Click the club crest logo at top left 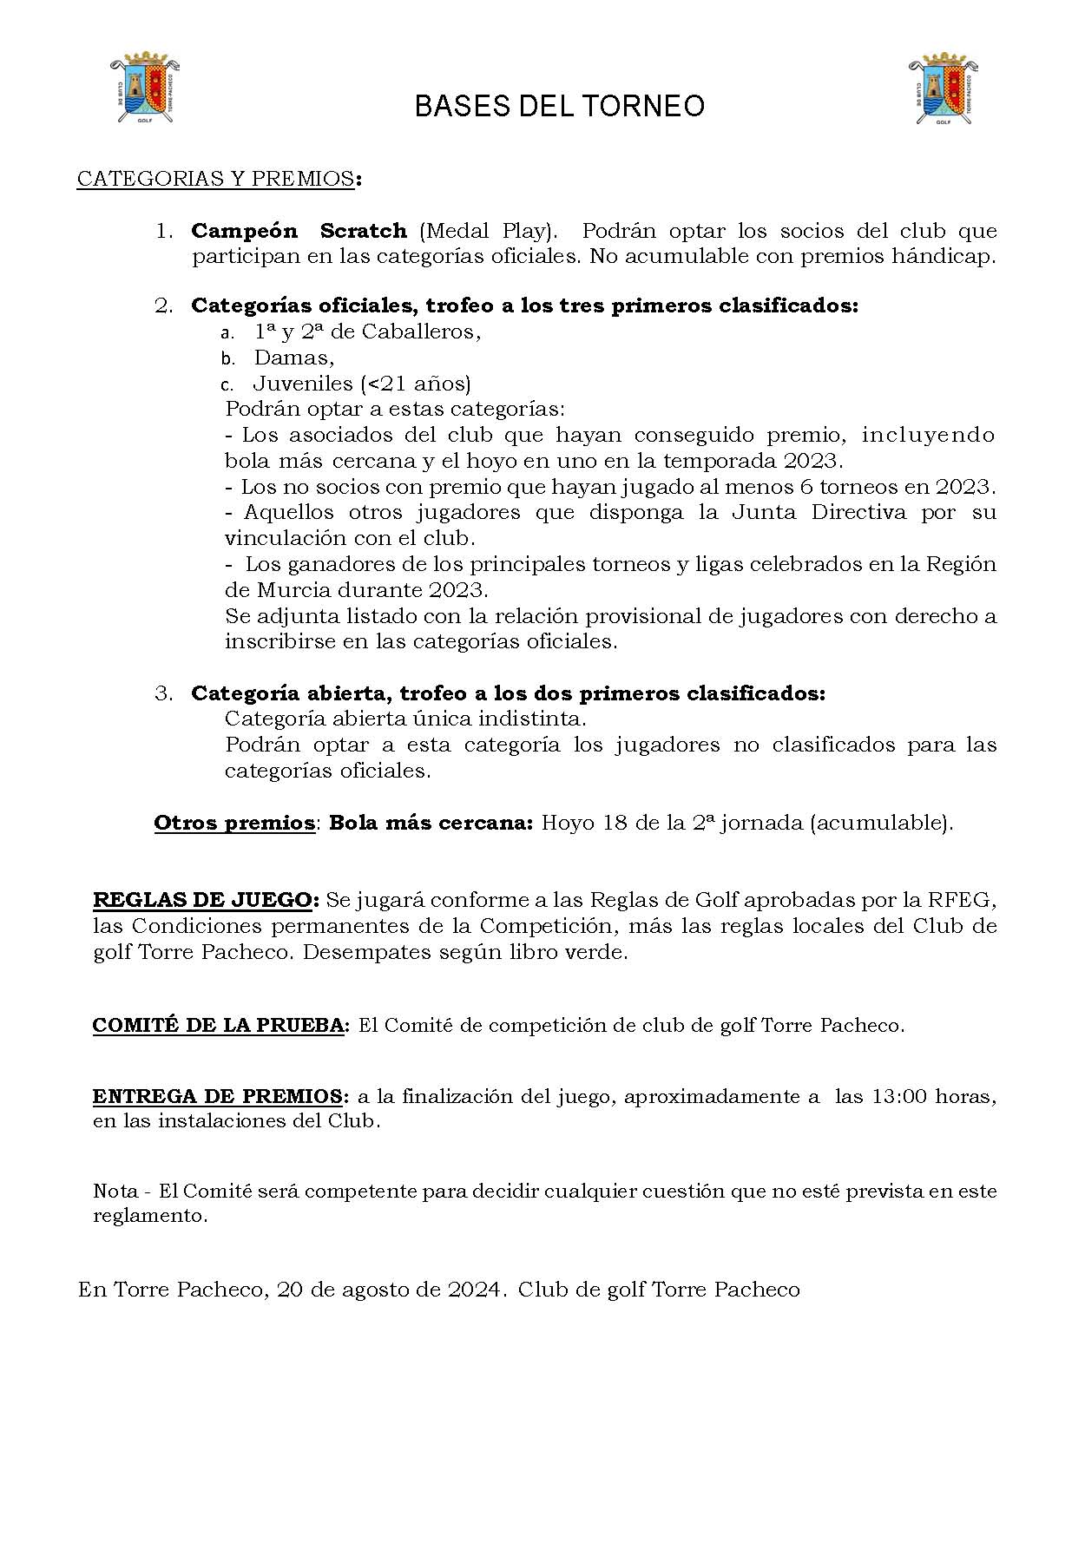point(145,90)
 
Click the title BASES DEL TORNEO point(559,106)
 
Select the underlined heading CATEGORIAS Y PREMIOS point(215,179)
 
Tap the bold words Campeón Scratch point(299,231)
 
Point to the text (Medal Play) point(486,231)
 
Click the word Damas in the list point(293,358)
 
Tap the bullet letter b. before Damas point(227,358)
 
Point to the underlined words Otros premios point(233,823)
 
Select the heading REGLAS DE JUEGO point(206,899)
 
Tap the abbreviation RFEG point(961,899)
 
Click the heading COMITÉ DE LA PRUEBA point(219,1025)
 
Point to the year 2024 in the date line point(474,1290)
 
